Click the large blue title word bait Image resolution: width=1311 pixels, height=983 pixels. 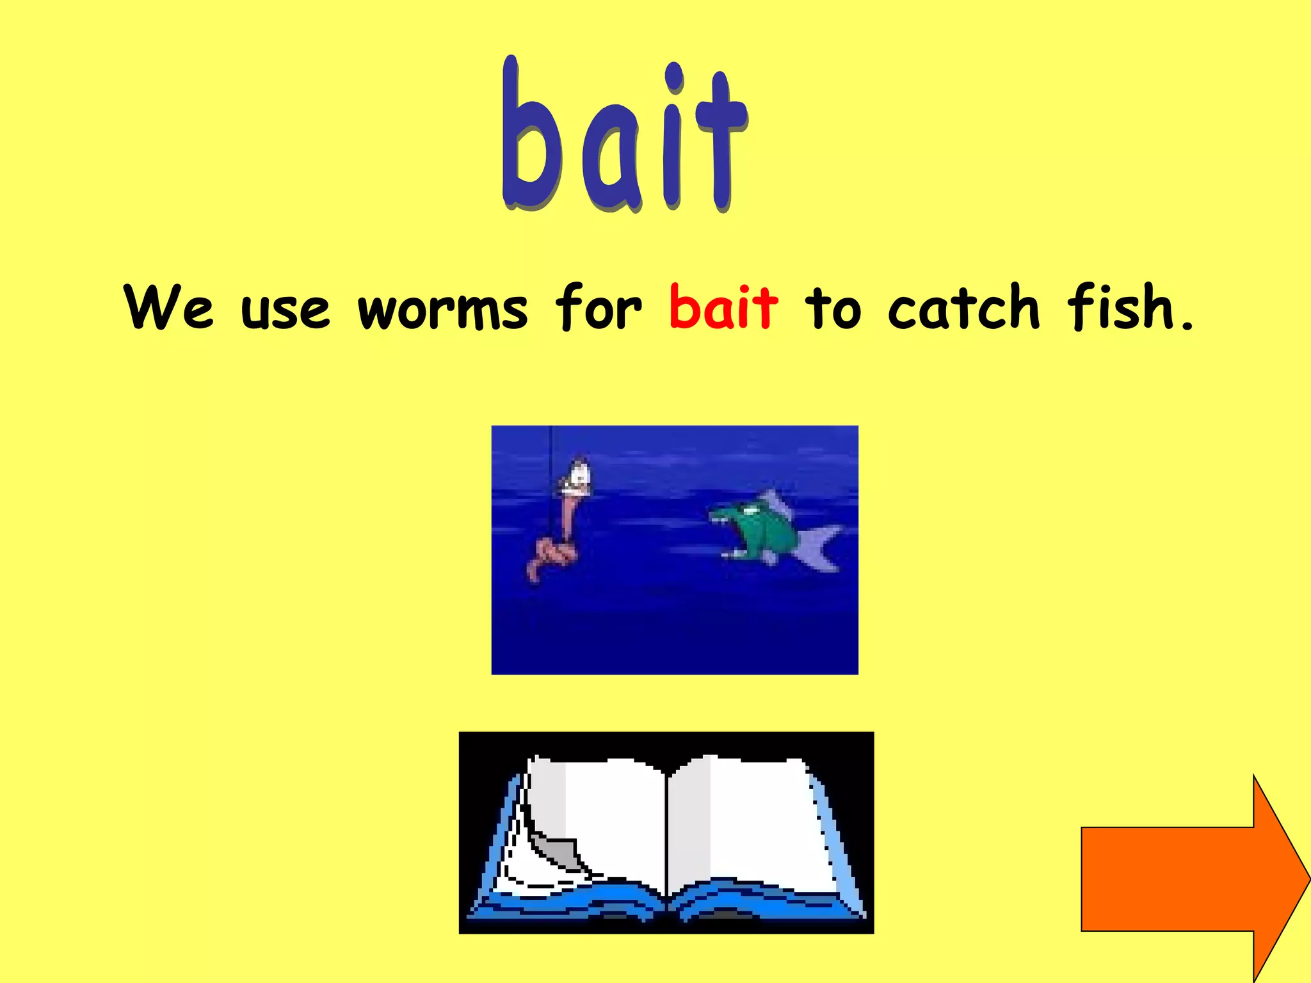[x=624, y=138]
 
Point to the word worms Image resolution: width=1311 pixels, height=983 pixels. [x=442, y=311]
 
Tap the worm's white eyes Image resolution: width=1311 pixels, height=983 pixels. [x=580, y=474]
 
